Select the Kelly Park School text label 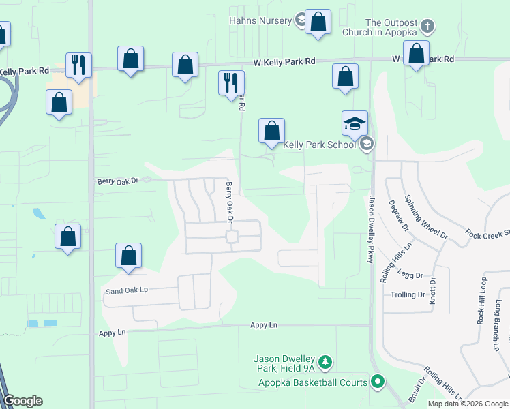pos(319,145)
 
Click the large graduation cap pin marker pos(355,124)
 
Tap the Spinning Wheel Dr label pos(425,217)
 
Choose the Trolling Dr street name pos(408,295)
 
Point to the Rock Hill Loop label pos(483,300)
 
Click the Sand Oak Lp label pos(126,290)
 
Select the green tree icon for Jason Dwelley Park pos(326,361)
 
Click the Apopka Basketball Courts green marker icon pos(376,382)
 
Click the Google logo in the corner pos(22,401)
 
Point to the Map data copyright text pos(468,404)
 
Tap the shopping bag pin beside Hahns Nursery pos(318,22)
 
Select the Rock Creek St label pos(488,234)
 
